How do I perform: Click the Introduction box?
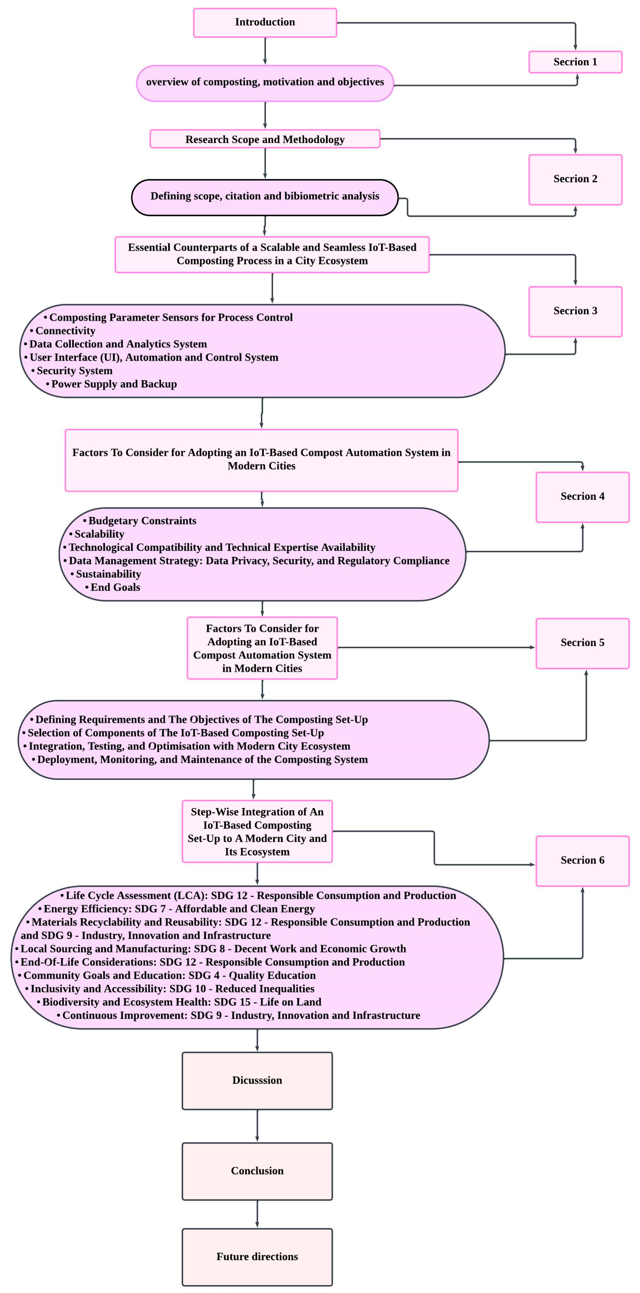pos(265,22)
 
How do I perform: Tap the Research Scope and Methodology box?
pos(265,139)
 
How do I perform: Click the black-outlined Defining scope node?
pos(265,196)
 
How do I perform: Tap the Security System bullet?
pos(74,371)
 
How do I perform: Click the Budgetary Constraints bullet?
pos(142,520)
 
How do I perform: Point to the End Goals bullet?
pos(115,587)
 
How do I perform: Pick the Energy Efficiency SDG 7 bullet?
pos(179,909)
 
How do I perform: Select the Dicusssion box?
pos(257,1081)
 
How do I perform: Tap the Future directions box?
pos(257,1257)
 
